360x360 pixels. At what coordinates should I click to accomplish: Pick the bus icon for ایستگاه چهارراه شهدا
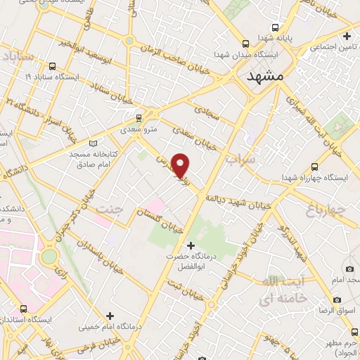point(314,167)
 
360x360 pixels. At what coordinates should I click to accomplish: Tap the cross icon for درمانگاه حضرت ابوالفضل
point(191,245)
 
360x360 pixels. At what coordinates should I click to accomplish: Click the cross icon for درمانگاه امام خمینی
point(109,316)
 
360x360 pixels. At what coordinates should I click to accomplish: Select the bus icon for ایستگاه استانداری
point(24,309)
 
